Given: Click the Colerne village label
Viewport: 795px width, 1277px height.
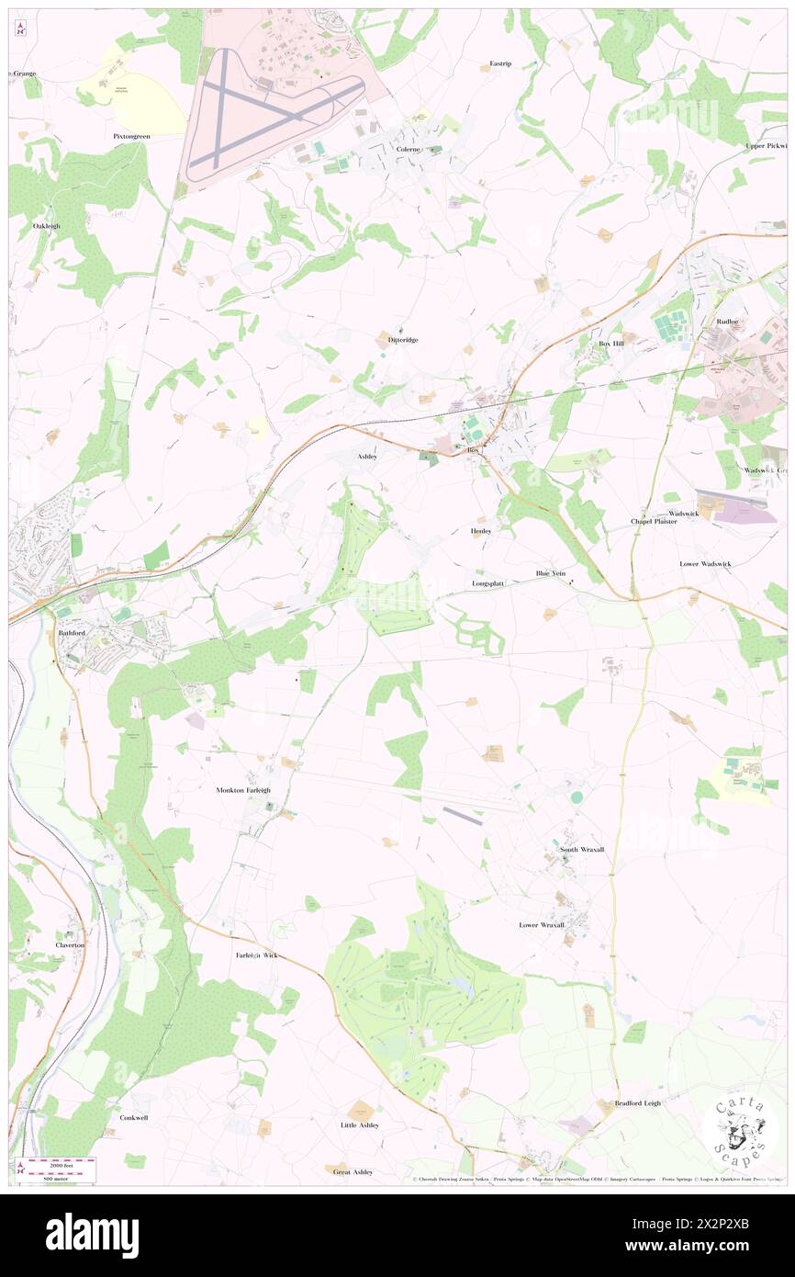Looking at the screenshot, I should coord(408,149).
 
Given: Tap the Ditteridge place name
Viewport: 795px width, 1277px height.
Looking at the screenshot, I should coord(397,340).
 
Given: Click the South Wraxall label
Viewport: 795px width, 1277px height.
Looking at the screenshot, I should coord(582,850).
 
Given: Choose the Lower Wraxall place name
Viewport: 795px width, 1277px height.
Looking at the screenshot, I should coord(542,925).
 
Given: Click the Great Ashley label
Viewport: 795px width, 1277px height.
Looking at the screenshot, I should coord(353,1171).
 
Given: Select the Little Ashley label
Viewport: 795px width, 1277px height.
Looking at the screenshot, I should coord(359,1124).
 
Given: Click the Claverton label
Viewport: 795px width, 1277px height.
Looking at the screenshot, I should coord(70,944).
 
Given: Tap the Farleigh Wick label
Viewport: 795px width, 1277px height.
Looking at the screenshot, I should coord(256,955).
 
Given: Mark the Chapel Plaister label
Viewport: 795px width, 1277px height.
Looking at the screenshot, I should coord(654,521).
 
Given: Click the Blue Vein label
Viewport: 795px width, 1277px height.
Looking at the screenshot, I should coord(551,574).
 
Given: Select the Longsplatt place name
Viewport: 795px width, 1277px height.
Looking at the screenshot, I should coord(488,583).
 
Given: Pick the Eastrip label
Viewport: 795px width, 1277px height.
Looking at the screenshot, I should coord(500,63).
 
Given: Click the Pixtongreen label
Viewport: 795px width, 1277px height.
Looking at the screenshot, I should coord(131,136).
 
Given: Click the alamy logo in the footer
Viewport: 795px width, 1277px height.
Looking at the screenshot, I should coord(92,1236).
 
